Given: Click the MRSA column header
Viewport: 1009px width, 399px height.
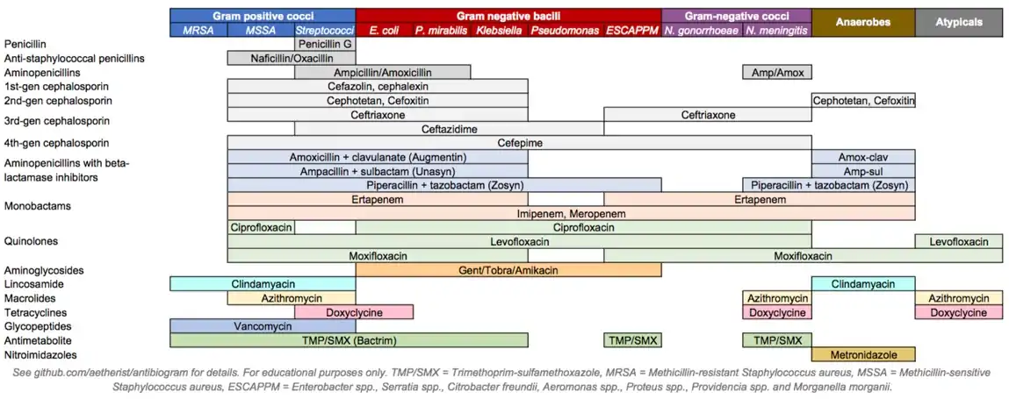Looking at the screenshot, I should coord(198,31).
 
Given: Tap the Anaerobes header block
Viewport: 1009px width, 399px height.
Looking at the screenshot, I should coord(863,23).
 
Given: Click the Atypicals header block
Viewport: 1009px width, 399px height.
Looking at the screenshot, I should coord(959,23).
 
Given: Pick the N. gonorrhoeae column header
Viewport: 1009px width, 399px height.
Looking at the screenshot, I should coord(702,31).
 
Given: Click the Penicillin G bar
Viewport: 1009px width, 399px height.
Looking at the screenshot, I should coord(325,44).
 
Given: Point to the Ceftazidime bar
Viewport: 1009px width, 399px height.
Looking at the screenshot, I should coord(449,129).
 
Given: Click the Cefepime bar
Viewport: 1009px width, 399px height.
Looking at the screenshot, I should coord(571,142).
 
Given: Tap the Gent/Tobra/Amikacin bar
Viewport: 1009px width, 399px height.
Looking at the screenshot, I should coord(508,270).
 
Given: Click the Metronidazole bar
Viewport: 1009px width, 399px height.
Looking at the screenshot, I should coord(863,354).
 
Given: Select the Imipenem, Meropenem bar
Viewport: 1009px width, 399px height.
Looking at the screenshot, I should coord(571,213).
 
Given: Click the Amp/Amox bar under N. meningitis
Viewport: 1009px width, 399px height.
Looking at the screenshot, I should coord(777,72).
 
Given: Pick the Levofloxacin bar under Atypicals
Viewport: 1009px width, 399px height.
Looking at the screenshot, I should coord(959,241).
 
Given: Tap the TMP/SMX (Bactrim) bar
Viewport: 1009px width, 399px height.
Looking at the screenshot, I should coord(350,340).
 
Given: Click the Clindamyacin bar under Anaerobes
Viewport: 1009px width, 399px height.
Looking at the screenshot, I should coord(863,284).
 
